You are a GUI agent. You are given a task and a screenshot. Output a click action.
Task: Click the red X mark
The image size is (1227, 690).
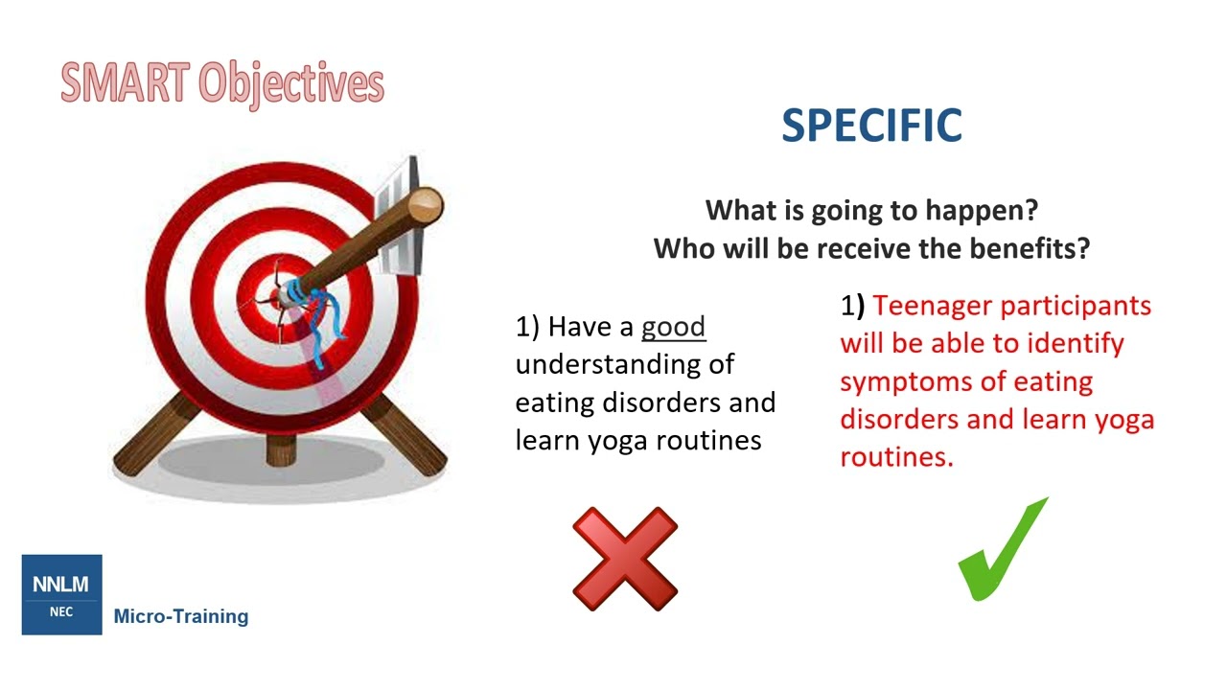click(625, 560)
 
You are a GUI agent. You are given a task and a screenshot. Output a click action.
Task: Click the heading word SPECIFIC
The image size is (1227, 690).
click(871, 126)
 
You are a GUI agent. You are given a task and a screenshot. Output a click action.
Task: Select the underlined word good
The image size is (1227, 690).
click(673, 327)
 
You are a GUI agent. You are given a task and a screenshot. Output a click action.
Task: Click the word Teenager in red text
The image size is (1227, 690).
click(935, 306)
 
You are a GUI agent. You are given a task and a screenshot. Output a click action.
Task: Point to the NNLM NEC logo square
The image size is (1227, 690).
click(61, 594)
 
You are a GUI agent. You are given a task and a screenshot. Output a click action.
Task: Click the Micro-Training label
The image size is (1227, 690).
click(181, 616)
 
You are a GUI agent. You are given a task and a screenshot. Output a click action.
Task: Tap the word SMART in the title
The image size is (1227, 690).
click(125, 83)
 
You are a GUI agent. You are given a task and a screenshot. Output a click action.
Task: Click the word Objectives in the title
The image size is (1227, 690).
click(291, 84)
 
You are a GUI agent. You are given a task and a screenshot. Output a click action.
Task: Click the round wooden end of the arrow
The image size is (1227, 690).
click(426, 205)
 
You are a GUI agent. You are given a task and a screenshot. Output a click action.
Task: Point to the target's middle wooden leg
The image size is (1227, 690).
click(281, 448)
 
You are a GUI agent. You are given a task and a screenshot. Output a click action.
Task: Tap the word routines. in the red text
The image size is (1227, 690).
click(896, 457)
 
